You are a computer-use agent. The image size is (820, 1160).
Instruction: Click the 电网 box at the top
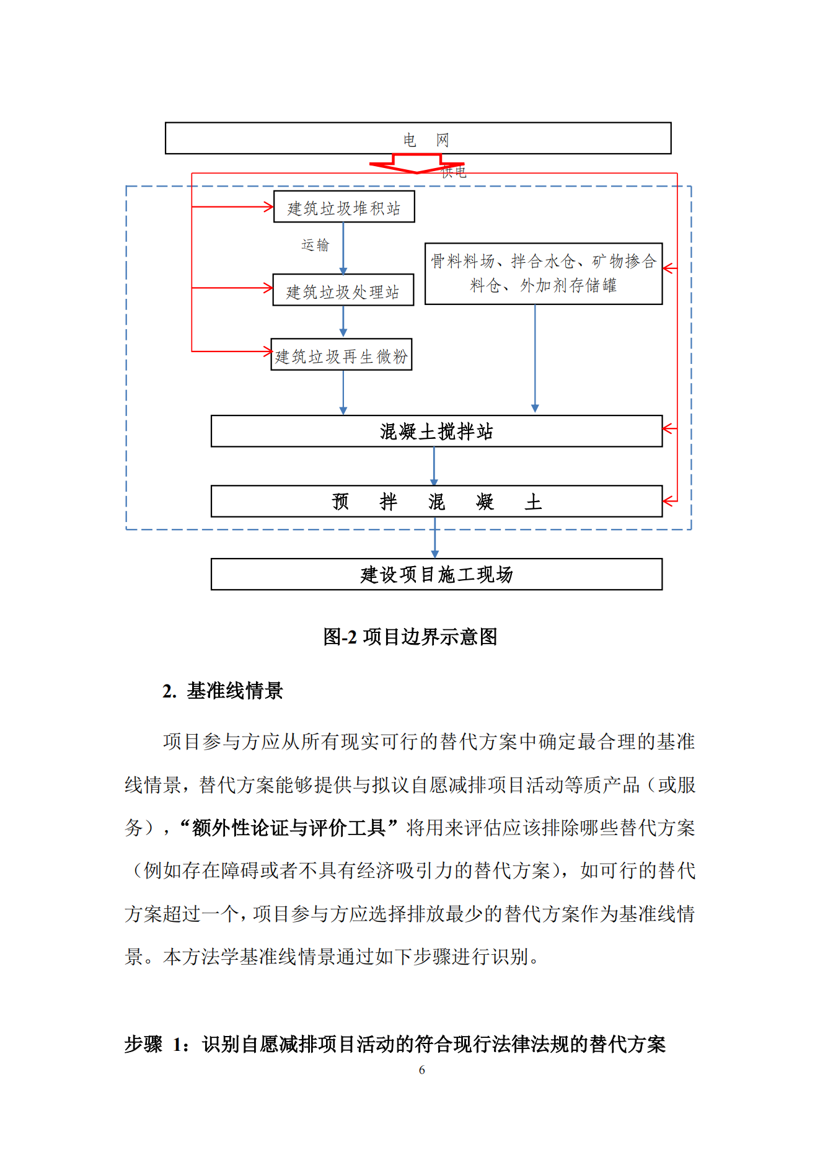pos(418,138)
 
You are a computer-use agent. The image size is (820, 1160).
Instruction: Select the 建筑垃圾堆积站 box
pos(344,207)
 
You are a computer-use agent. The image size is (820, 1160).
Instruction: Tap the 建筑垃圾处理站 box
pos(343,290)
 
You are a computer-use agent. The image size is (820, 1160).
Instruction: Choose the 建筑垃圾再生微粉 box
pos(342,355)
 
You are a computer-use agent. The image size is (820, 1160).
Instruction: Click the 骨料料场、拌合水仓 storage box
pos(543,273)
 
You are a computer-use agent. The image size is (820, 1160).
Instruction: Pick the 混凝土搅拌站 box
pos(436,431)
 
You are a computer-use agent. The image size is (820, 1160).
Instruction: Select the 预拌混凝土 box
pos(436,501)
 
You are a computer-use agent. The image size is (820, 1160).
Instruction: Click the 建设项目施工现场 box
pos(436,574)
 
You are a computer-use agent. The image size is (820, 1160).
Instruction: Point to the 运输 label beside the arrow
pos(315,245)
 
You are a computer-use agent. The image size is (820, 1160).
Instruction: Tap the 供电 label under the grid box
pos(454,172)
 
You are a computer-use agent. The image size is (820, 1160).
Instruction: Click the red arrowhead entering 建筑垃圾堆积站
pos(268,206)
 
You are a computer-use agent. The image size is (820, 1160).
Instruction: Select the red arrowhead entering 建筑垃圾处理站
pos(268,288)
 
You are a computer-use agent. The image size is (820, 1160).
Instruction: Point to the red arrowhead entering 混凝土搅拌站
pos(668,428)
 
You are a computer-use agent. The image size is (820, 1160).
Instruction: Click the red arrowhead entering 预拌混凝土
pos(668,500)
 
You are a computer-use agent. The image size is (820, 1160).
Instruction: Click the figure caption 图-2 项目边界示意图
pos(410,637)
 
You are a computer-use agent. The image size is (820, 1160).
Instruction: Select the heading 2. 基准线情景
pos(223,691)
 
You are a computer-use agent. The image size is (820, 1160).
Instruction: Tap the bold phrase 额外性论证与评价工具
pos(288,828)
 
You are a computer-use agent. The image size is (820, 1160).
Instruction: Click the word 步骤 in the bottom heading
pos(143,1044)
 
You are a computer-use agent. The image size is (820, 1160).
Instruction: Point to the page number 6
pos(421,1069)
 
